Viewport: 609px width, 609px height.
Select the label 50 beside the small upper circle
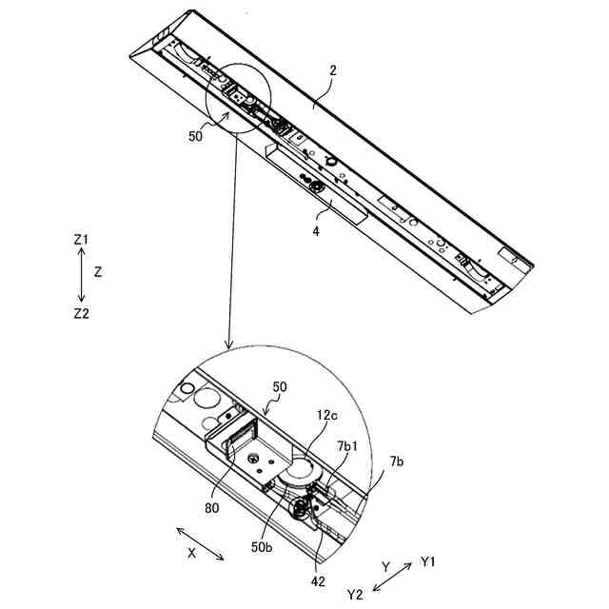pyautogui.click(x=195, y=136)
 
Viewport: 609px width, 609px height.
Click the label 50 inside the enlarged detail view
pyautogui.click(x=280, y=387)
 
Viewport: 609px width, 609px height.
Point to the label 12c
pyautogui.click(x=328, y=416)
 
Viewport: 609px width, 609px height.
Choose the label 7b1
pyautogui.click(x=348, y=445)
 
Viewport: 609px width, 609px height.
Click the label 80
pyautogui.click(x=211, y=507)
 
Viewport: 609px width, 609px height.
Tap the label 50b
pyautogui.click(x=263, y=547)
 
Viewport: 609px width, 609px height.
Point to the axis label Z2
pyautogui.click(x=81, y=313)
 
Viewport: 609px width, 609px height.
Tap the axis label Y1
pyautogui.click(x=428, y=562)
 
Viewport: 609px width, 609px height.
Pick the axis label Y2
pyautogui.click(x=355, y=595)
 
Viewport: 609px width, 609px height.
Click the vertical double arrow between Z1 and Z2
pyautogui.click(x=81, y=276)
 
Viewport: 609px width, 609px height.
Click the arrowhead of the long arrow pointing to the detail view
pyautogui.click(x=228, y=343)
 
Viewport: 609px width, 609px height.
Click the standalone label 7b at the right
pyautogui.click(x=396, y=462)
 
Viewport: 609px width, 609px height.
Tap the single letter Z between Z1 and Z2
pyautogui.click(x=98, y=271)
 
